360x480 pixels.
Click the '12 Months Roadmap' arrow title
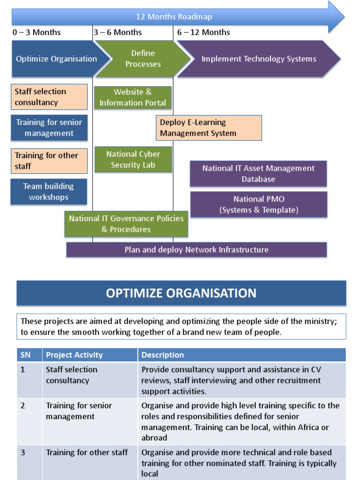pyautogui.click(x=174, y=17)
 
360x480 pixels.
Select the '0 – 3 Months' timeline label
pyautogui.click(x=37, y=32)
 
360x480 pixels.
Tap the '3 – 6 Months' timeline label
pyautogui.click(x=118, y=32)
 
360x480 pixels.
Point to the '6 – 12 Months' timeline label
pyautogui.click(x=203, y=32)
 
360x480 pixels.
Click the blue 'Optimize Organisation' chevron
pyautogui.click(x=57, y=59)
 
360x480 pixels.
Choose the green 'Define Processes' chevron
pyautogui.click(x=143, y=59)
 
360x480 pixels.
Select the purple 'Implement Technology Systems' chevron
pyautogui.click(x=259, y=59)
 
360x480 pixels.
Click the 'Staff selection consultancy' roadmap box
pyautogui.click(x=49, y=97)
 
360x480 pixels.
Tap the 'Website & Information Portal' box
pyautogui.click(x=133, y=97)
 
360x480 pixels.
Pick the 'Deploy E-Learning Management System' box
pyautogui.click(x=209, y=128)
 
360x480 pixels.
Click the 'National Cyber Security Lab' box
pyautogui.click(x=133, y=159)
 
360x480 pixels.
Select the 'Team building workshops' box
pyautogui.click(x=49, y=192)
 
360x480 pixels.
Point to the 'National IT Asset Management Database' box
pyautogui.click(x=258, y=174)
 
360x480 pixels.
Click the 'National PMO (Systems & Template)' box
pyautogui.click(x=259, y=205)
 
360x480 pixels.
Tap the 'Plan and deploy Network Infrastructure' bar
pyautogui.click(x=196, y=250)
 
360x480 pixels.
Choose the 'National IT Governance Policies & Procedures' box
pyautogui.click(x=126, y=224)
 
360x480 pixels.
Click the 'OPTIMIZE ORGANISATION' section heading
pyautogui.click(x=181, y=293)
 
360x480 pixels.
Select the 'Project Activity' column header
pyautogui.click(x=74, y=355)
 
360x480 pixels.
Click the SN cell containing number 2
pyautogui.click(x=23, y=405)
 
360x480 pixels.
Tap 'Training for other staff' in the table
pyautogui.click(x=87, y=452)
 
